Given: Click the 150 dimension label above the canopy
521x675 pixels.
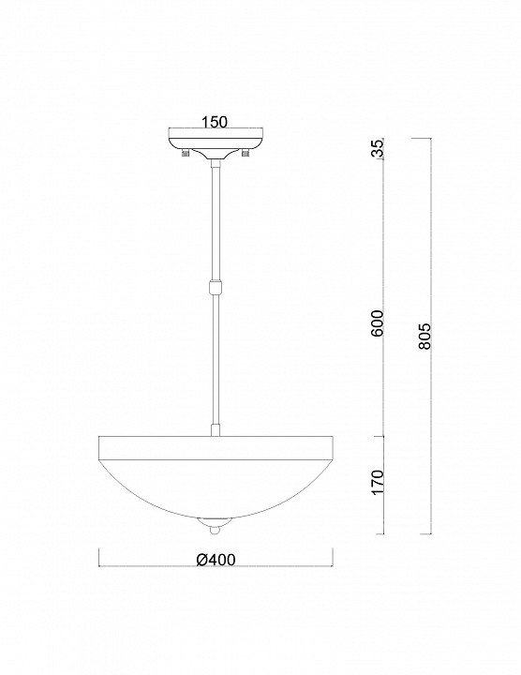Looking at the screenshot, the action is click(215, 122).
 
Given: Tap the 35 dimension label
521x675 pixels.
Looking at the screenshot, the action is click(377, 149).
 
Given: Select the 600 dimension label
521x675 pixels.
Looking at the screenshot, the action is click(377, 322).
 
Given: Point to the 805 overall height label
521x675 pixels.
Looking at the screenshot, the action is click(424, 336).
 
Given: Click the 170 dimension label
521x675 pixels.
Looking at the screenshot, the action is click(377, 482).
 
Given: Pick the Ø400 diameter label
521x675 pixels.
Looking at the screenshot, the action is click(216, 559).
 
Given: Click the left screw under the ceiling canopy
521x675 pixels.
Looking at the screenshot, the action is click(186, 153).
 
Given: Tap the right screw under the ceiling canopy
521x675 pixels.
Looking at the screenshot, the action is click(246, 153).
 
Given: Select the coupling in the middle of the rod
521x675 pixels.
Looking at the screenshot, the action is click(216, 286).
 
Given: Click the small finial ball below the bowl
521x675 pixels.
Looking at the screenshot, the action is click(215, 530).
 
